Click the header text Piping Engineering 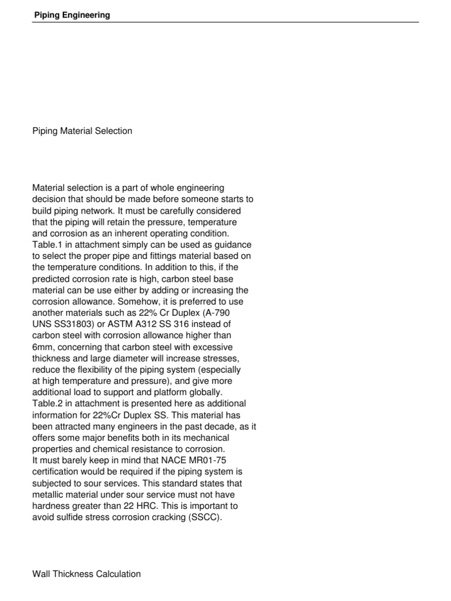[71, 15]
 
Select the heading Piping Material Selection [82, 131]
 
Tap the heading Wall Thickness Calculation [86, 574]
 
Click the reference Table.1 [48, 244]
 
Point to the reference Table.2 [48, 403]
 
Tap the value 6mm [43, 346]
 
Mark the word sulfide [68, 517]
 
